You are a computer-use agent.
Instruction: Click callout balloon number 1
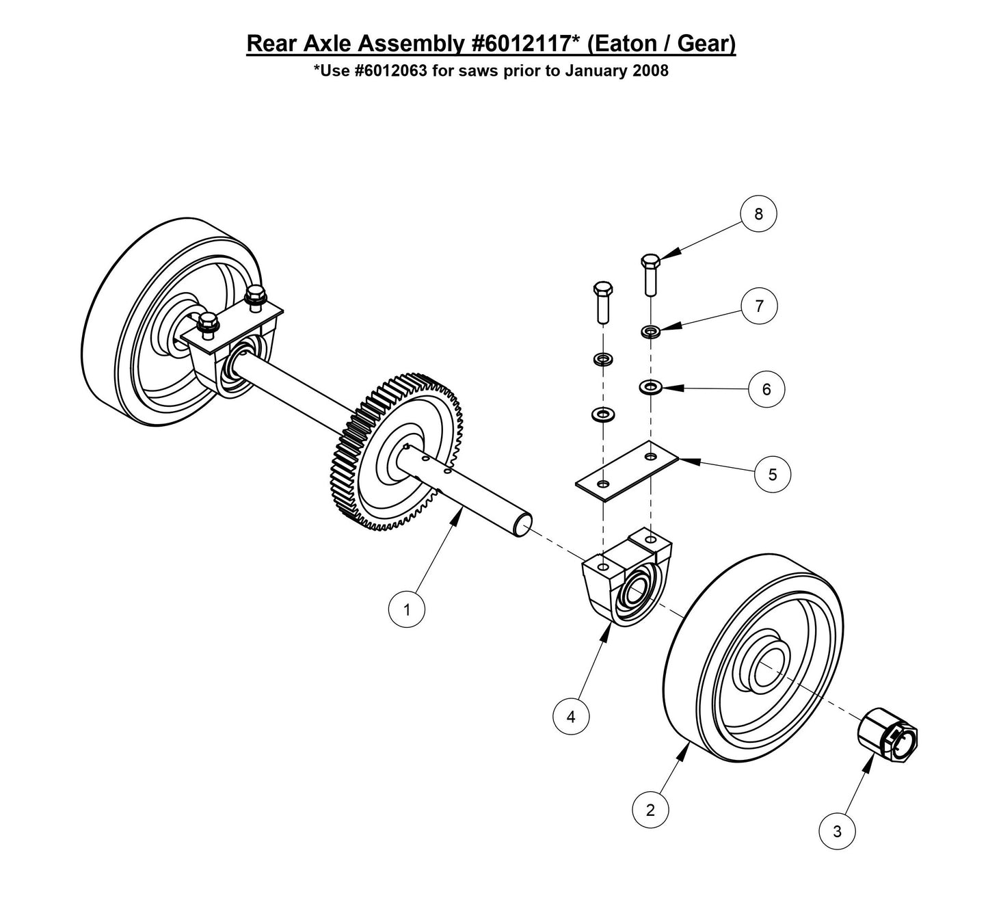click(x=407, y=609)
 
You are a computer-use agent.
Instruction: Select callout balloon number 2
click(x=650, y=810)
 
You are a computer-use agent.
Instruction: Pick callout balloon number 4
click(x=571, y=716)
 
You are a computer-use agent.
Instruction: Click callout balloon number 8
click(x=758, y=213)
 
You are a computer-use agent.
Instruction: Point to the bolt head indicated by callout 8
click(x=650, y=262)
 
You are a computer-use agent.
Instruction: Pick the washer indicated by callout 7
click(x=650, y=332)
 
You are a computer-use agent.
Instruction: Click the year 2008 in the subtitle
click(x=651, y=71)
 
